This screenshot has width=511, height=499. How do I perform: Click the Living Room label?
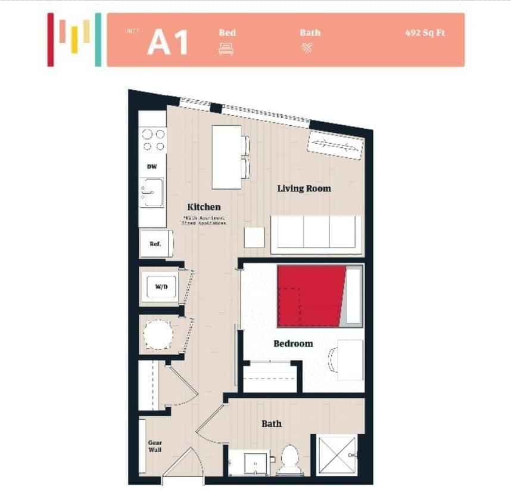(x=304, y=188)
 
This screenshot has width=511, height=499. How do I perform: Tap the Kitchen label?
(x=204, y=207)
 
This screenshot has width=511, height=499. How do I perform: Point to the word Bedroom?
(x=293, y=343)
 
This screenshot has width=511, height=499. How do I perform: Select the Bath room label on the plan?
(x=272, y=424)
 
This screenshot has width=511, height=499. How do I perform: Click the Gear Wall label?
(x=155, y=446)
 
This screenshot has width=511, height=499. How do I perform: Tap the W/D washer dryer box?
(x=161, y=287)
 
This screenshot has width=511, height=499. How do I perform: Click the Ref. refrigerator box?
(x=155, y=244)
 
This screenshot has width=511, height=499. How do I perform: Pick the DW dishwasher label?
(x=152, y=167)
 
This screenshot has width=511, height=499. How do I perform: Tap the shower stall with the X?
(x=337, y=456)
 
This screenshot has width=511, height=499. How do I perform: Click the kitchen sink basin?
(x=152, y=193)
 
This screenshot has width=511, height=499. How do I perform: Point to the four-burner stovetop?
(x=152, y=140)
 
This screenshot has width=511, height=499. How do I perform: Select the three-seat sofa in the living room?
(x=316, y=233)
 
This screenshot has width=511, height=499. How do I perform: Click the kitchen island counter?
(x=227, y=157)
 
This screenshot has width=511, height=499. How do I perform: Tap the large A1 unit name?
(x=168, y=42)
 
